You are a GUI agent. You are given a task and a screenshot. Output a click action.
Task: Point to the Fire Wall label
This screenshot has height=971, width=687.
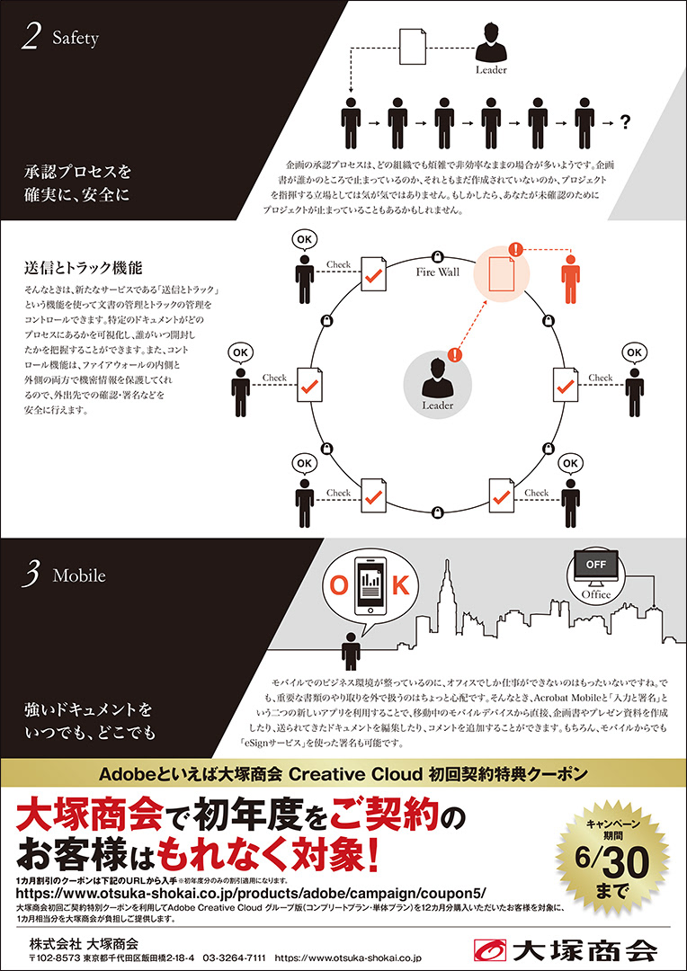(438, 271)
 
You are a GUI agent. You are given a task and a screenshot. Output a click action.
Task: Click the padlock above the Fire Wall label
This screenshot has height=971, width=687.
(438, 254)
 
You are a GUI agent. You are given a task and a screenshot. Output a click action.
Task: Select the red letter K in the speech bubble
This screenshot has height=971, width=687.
(401, 586)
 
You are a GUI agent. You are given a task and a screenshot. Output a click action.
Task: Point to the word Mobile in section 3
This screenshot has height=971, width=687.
(79, 575)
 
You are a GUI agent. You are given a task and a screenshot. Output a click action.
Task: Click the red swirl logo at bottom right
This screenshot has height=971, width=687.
(492, 949)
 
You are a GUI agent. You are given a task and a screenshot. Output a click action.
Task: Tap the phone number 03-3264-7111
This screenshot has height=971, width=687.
(233, 959)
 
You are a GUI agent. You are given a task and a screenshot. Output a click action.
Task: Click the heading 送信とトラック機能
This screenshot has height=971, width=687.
(84, 268)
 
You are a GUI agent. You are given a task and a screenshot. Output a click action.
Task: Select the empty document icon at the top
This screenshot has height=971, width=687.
(412, 42)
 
